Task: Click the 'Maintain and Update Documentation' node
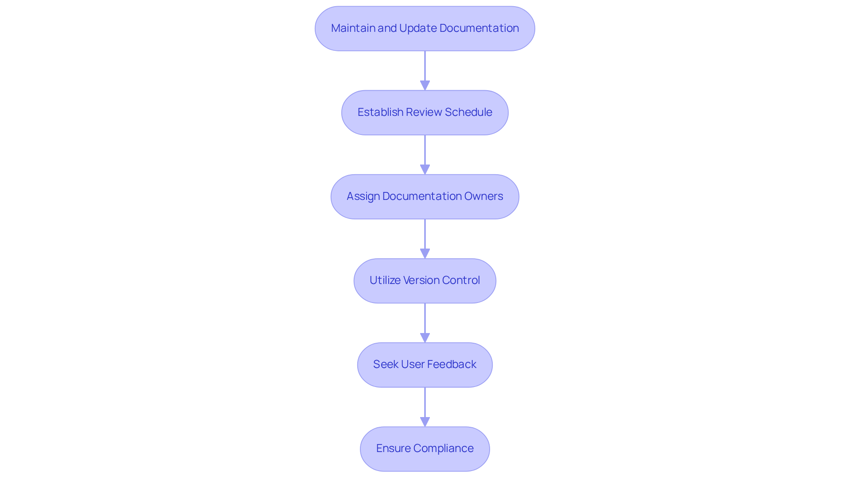425,28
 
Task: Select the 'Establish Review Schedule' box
425,112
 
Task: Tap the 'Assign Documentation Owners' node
425,196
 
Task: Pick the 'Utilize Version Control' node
425,280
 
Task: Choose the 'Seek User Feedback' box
425,364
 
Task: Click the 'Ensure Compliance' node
425,448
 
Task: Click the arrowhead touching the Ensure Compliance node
425,422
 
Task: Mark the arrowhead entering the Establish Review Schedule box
425,85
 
